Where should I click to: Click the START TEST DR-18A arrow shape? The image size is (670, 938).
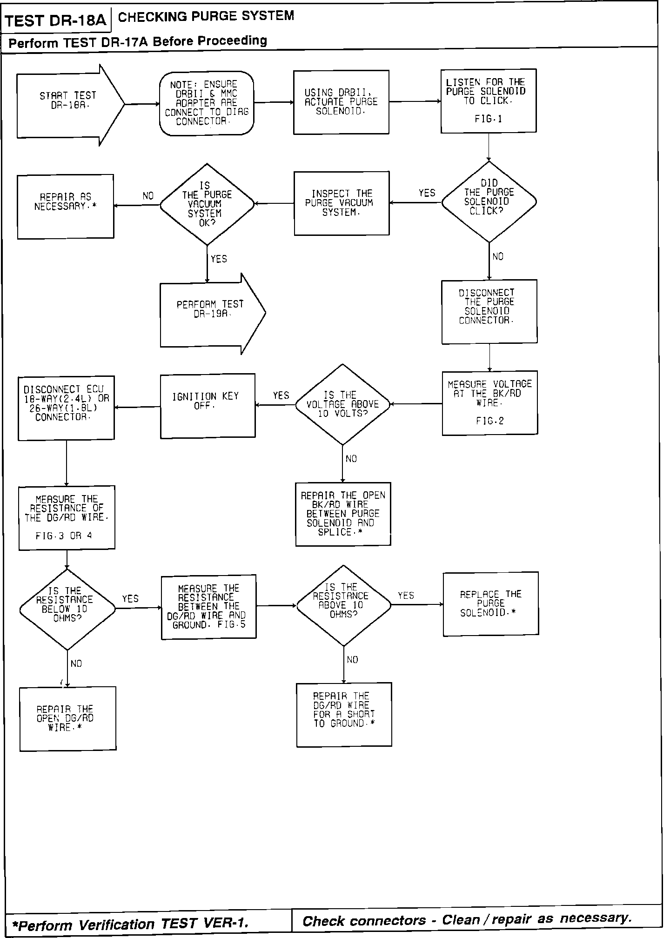coord(70,105)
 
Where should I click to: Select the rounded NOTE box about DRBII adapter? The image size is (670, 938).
coord(207,103)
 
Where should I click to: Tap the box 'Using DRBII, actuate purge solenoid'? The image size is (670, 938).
coord(341,102)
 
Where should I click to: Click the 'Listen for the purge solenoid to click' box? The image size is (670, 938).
coord(489,101)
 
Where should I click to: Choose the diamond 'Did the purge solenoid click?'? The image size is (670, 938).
coord(489,202)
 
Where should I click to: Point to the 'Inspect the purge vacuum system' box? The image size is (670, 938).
coord(342,203)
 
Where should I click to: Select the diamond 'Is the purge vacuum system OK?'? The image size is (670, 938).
coord(207,204)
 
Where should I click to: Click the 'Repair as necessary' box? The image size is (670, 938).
coord(66,207)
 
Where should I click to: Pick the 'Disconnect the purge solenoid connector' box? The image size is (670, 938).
coord(489,312)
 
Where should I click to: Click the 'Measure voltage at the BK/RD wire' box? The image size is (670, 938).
coord(490,403)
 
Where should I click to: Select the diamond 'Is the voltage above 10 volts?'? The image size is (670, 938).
coord(343,405)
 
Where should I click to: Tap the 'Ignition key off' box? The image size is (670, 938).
coord(208,406)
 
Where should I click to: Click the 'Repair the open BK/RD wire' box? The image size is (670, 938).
coord(343,514)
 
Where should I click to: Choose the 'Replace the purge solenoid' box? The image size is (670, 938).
coord(491,603)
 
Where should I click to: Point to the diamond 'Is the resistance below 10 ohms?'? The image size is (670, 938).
coord(67,610)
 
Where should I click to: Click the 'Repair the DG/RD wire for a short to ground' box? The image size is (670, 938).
coord(344,714)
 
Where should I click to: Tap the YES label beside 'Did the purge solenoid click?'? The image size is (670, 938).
coord(427,193)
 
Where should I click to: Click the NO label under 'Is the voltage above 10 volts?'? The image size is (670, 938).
coord(351,459)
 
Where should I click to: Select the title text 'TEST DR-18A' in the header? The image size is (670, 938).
coord(56,21)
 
